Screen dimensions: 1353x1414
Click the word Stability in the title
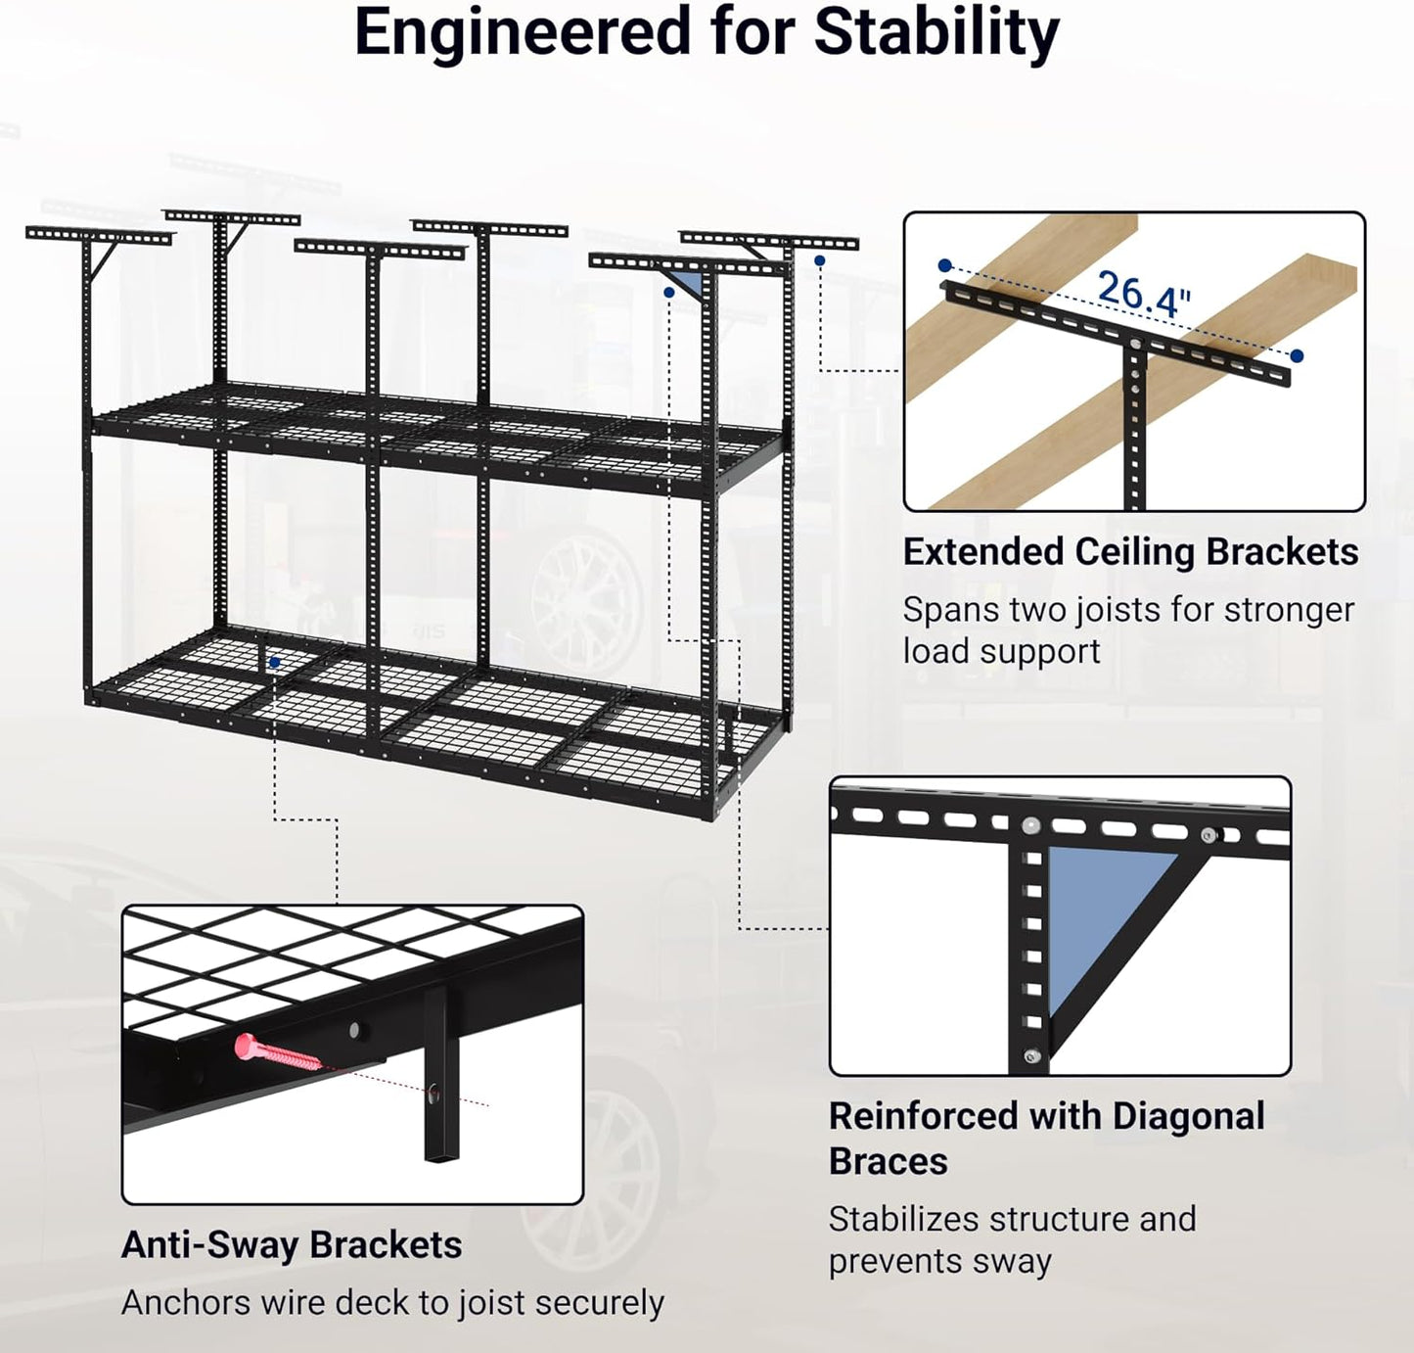[936, 32]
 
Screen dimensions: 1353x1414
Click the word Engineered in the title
[523, 32]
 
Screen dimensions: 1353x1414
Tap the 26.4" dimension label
[1143, 293]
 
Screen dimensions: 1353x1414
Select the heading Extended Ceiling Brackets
[1130, 552]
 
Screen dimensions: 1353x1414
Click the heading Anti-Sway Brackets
[292, 1245]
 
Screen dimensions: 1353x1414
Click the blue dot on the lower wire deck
[275, 663]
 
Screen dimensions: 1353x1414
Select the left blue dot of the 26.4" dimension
[944, 265]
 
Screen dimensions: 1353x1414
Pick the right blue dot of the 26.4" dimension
[1297, 356]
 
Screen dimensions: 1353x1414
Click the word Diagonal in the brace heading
[1188, 1116]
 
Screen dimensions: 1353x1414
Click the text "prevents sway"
[939, 1261]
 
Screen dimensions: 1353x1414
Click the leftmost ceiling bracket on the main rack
[98, 236]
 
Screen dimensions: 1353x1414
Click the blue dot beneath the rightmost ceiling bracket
[819, 260]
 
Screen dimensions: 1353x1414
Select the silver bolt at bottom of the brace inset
[1030, 1056]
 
